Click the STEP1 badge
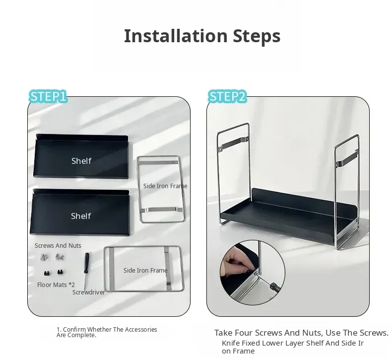click(x=48, y=96)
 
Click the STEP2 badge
click(x=227, y=96)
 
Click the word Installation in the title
click(x=176, y=36)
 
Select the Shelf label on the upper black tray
click(x=81, y=161)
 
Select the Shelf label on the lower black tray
click(x=81, y=216)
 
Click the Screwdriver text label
click(x=88, y=292)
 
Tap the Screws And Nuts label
click(x=58, y=246)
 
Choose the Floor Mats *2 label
click(x=56, y=285)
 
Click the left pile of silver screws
click(x=44, y=257)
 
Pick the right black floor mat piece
click(x=60, y=272)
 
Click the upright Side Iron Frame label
click(x=165, y=186)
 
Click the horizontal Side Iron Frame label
click(x=145, y=270)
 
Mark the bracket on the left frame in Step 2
click(x=233, y=144)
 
